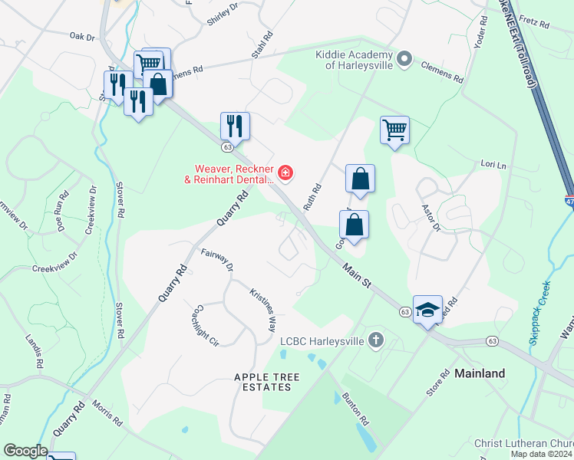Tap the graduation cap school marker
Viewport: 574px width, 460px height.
click(x=427, y=310)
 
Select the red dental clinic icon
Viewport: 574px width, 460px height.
click(x=285, y=173)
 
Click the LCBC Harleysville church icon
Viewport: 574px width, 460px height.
click(x=375, y=339)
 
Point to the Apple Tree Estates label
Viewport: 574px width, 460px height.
click(x=263, y=382)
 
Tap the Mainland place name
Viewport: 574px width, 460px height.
click(x=480, y=373)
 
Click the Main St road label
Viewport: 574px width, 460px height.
click(x=357, y=272)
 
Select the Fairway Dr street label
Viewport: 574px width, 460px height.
click(x=217, y=260)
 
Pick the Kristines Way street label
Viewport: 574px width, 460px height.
click(x=262, y=309)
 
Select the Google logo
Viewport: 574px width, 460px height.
click(x=25, y=451)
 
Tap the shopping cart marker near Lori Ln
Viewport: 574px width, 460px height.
click(x=394, y=131)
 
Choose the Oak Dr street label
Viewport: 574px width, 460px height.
click(x=81, y=36)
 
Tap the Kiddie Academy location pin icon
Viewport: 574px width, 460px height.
click(x=406, y=58)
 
